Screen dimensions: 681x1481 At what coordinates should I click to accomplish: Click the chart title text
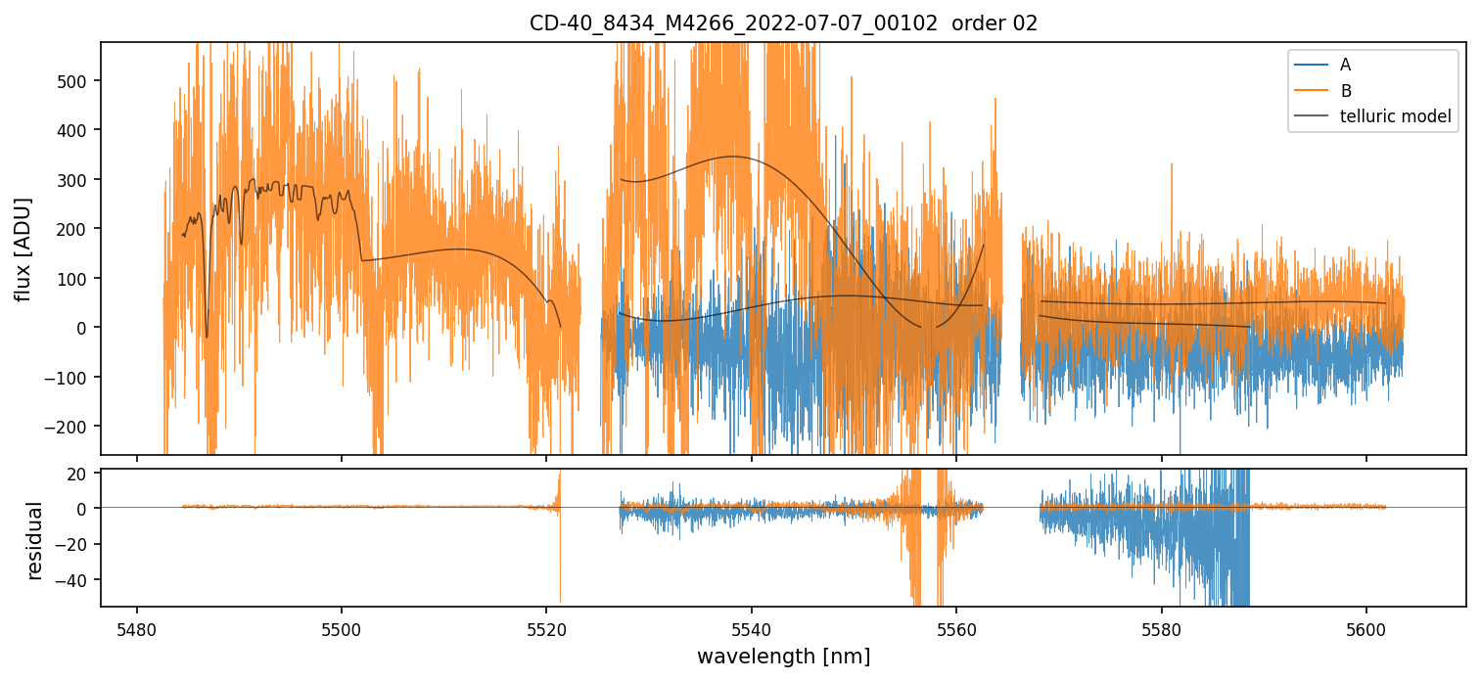(x=783, y=23)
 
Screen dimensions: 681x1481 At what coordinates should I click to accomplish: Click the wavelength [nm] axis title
(x=783, y=656)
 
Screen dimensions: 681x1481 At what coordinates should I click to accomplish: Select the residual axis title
(x=35, y=540)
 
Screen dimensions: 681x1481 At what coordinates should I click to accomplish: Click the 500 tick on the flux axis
(x=77, y=80)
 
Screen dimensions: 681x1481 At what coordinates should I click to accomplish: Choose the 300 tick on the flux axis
(x=77, y=179)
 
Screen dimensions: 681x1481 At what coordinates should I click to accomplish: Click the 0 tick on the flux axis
(x=86, y=328)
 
